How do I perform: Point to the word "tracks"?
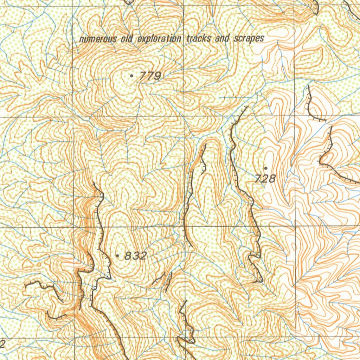click(199, 38)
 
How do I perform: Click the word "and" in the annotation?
click(222, 38)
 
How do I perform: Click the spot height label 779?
click(150, 76)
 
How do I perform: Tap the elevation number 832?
click(135, 256)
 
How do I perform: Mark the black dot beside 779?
click(131, 76)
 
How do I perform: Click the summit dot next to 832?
click(117, 256)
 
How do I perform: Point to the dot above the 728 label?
click(265, 168)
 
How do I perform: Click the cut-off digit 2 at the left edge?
click(3, 343)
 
